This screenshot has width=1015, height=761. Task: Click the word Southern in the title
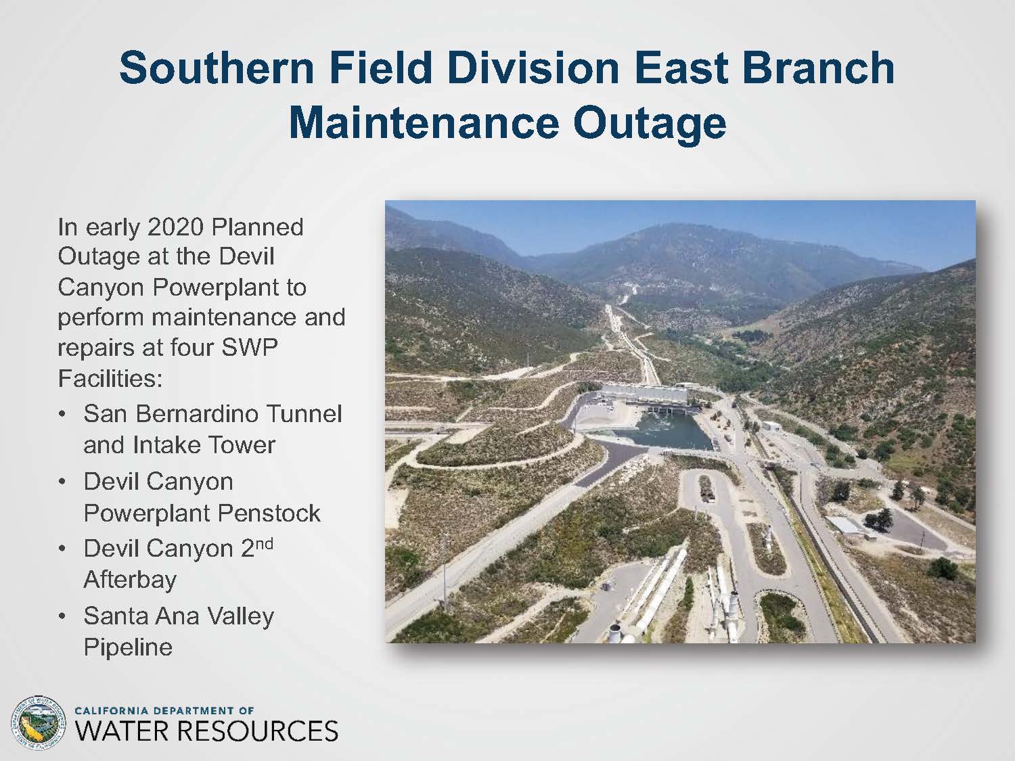tap(217, 68)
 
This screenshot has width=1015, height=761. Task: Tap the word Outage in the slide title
tap(649, 124)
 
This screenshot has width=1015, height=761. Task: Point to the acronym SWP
tap(249, 348)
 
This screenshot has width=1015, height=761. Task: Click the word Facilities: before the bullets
tap(110, 378)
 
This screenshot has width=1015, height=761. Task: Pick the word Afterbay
tap(130, 580)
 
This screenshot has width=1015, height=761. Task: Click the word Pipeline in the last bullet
tap(128, 647)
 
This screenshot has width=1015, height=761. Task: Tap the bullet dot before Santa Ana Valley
tap(62, 616)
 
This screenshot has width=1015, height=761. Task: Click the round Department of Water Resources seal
tap(39, 723)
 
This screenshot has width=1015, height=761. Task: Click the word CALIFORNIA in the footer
tap(112, 710)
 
